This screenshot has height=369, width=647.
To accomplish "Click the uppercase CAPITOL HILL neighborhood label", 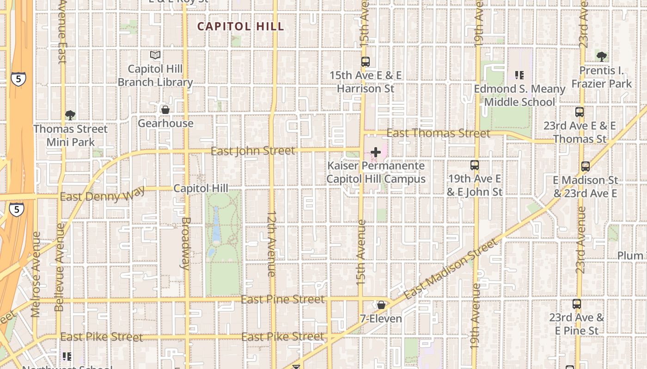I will pos(241,26).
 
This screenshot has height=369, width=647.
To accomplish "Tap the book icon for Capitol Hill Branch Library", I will pos(155,55).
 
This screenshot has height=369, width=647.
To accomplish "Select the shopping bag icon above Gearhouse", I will pos(165,110).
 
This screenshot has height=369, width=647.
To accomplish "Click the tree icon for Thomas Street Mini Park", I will pos(70,115).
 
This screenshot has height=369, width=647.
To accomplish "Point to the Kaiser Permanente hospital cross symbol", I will pos(376,152).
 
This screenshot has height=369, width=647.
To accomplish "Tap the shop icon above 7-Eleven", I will pos(381,305).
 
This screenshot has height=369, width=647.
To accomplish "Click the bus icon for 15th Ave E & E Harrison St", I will pos(366,61).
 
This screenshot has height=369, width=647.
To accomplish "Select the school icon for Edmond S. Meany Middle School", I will pos(519,75).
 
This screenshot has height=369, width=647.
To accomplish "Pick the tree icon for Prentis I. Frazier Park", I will pos(601,57).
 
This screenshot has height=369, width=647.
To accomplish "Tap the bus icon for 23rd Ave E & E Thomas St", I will pos(580,112).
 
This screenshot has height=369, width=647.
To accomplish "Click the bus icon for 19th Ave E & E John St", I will pos(475,165).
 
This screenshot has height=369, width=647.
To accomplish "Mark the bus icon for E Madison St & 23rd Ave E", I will pos(586,167).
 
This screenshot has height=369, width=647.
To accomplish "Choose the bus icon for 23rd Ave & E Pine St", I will pos(577,304).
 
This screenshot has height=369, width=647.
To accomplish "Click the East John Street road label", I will pos(252,151).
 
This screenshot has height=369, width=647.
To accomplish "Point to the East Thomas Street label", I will pos(438,133).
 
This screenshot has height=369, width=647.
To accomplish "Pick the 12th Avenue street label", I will pos(272,244).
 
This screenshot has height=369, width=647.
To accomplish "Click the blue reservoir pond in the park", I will pos(216,226).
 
